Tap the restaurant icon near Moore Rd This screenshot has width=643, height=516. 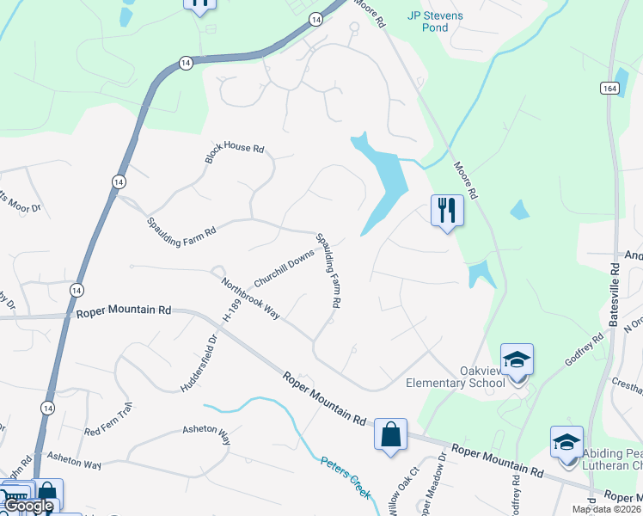point(446,209)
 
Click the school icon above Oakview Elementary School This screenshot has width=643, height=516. point(517,359)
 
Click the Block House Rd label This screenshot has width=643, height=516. point(234,153)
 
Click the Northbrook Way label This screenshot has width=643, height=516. point(251,298)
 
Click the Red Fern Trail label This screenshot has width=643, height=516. point(107,417)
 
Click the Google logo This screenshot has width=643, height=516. point(28,506)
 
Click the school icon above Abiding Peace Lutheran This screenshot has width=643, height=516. point(566,441)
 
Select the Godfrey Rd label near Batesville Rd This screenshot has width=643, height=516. point(585,349)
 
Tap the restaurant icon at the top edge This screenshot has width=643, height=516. point(199,4)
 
